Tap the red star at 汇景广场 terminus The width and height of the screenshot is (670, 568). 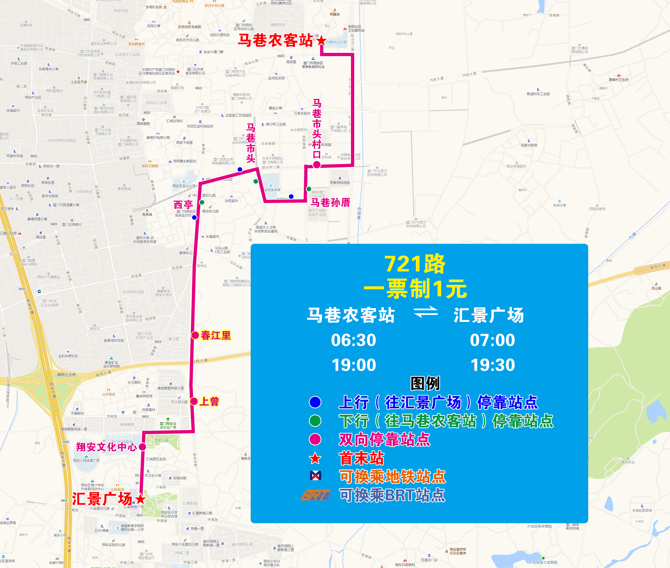pos(140,499)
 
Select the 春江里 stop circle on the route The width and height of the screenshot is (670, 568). pos(195,335)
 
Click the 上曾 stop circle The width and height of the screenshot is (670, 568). pos(194,401)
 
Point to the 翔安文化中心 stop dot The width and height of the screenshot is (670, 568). pos(142,447)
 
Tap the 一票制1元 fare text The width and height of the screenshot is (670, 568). pos(415,289)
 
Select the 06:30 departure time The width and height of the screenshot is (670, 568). pos(353,340)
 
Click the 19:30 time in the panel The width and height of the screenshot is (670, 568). pos(493,365)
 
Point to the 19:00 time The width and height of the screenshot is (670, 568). pos(354,365)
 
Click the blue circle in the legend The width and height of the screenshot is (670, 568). pos(315,402)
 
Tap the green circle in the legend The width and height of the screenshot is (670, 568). pos(315,421)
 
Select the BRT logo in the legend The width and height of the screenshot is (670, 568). pos(316,495)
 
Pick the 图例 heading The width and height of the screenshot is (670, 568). pos(425,383)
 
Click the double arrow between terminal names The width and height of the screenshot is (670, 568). pos(426,312)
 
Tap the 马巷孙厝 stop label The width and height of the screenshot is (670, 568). pos(330,203)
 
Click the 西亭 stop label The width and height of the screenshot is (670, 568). pos(183,205)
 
